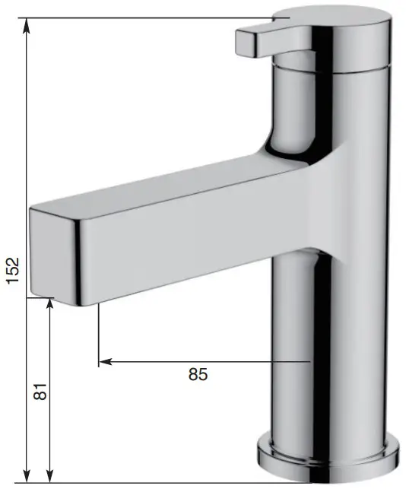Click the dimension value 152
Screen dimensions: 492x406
click(13, 270)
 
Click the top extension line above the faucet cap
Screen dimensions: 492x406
click(152, 17)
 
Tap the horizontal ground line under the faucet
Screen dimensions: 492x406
click(152, 482)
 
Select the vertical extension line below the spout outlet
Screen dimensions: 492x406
click(99, 335)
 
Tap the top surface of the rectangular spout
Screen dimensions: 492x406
click(167, 183)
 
